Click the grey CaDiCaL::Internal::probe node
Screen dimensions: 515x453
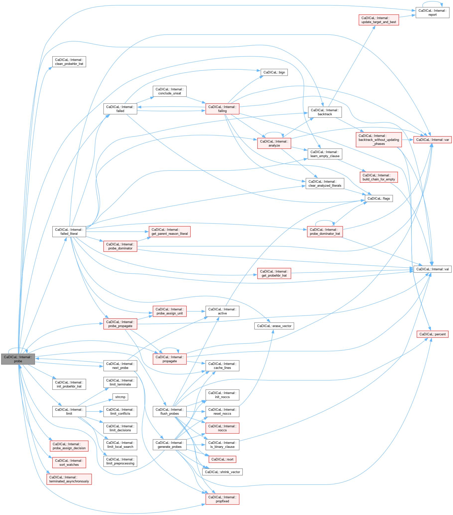point(18,359)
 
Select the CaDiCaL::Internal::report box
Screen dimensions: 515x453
point(432,13)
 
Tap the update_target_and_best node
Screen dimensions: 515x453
point(378,20)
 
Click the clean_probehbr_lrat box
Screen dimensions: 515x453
point(69,62)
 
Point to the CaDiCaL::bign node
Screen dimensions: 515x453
point(274,72)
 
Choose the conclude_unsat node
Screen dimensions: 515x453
point(169,91)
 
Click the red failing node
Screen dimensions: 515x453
point(222,109)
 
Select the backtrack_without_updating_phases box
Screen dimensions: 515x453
point(378,140)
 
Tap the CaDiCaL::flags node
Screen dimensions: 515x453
point(378,199)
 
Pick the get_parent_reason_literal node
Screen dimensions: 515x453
point(169,231)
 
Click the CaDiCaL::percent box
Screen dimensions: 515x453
point(432,334)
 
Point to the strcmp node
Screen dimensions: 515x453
point(120,397)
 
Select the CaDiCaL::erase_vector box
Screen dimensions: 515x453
point(274,326)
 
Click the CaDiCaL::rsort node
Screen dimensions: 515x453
point(222,459)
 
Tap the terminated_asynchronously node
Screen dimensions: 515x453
point(69,479)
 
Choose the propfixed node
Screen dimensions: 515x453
point(222,499)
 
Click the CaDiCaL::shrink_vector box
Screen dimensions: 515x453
point(222,472)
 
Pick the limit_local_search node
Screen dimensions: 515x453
point(120,445)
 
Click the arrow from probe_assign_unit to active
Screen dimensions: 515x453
point(196,311)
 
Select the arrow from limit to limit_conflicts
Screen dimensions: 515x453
point(95,411)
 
